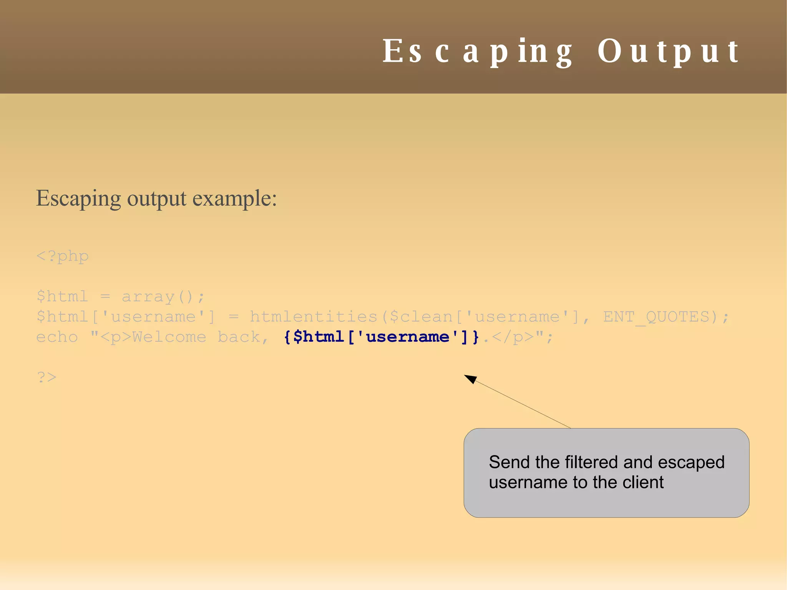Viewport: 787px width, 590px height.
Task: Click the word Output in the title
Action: click(x=668, y=52)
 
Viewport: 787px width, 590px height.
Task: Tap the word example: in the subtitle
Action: click(x=234, y=199)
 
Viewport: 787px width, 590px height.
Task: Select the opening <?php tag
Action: click(x=62, y=256)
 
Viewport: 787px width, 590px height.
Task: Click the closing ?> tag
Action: click(x=46, y=377)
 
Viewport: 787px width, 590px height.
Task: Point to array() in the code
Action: click(x=163, y=297)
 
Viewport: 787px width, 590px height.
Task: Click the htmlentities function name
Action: click(x=314, y=317)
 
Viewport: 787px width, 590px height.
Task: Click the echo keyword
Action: click(x=57, y=337)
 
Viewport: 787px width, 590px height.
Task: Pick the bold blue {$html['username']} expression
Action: click(x=382, y=337)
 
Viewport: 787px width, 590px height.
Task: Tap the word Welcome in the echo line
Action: click(x=169, y=337)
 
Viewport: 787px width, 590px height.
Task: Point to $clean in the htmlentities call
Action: click(x=421, y=317)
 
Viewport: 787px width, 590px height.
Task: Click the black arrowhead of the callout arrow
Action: click(x=471, y=379)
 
